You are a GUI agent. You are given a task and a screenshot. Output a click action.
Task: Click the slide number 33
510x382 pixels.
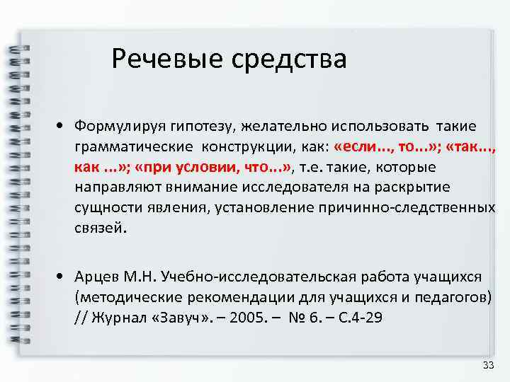pyautogui.click(x=487, y=365)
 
